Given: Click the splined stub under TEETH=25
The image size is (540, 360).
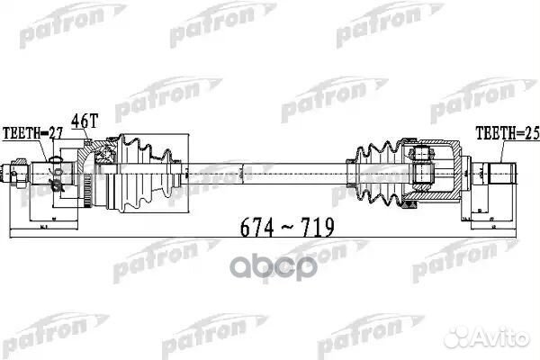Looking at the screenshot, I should pos(500,169).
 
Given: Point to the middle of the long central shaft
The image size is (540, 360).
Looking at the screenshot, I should pos(261,168).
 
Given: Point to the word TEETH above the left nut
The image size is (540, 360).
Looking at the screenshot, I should pos(23,132).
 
